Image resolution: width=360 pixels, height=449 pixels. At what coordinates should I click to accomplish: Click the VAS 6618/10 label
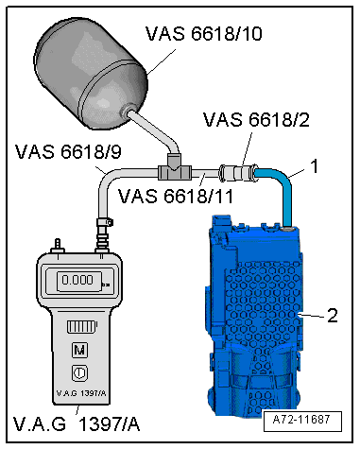203,33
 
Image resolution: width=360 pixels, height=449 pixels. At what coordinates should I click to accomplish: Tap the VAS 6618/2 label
256,120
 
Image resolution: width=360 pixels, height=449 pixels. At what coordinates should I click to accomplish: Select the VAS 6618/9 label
68,152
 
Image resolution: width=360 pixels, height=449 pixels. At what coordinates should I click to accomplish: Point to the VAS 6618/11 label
176,196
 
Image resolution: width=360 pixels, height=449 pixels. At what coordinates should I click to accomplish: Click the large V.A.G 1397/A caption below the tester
77,424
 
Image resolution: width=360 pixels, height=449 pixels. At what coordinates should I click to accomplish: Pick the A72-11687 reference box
302,421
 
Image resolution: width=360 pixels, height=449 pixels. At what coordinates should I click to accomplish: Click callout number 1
315,166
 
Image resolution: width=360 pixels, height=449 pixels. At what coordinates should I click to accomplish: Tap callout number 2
332,316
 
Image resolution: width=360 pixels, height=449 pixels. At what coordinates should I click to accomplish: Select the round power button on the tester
79,373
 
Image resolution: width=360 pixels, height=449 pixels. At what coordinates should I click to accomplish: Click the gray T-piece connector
175,168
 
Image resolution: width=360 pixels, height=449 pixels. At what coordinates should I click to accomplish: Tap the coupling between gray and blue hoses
238,172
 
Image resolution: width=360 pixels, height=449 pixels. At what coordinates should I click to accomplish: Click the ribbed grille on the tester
82,327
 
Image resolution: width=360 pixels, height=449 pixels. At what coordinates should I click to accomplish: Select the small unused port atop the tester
58,247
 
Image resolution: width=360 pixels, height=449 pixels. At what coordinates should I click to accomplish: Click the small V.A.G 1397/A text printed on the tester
81,393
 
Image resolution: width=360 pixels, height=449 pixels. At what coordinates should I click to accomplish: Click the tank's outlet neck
128,111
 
